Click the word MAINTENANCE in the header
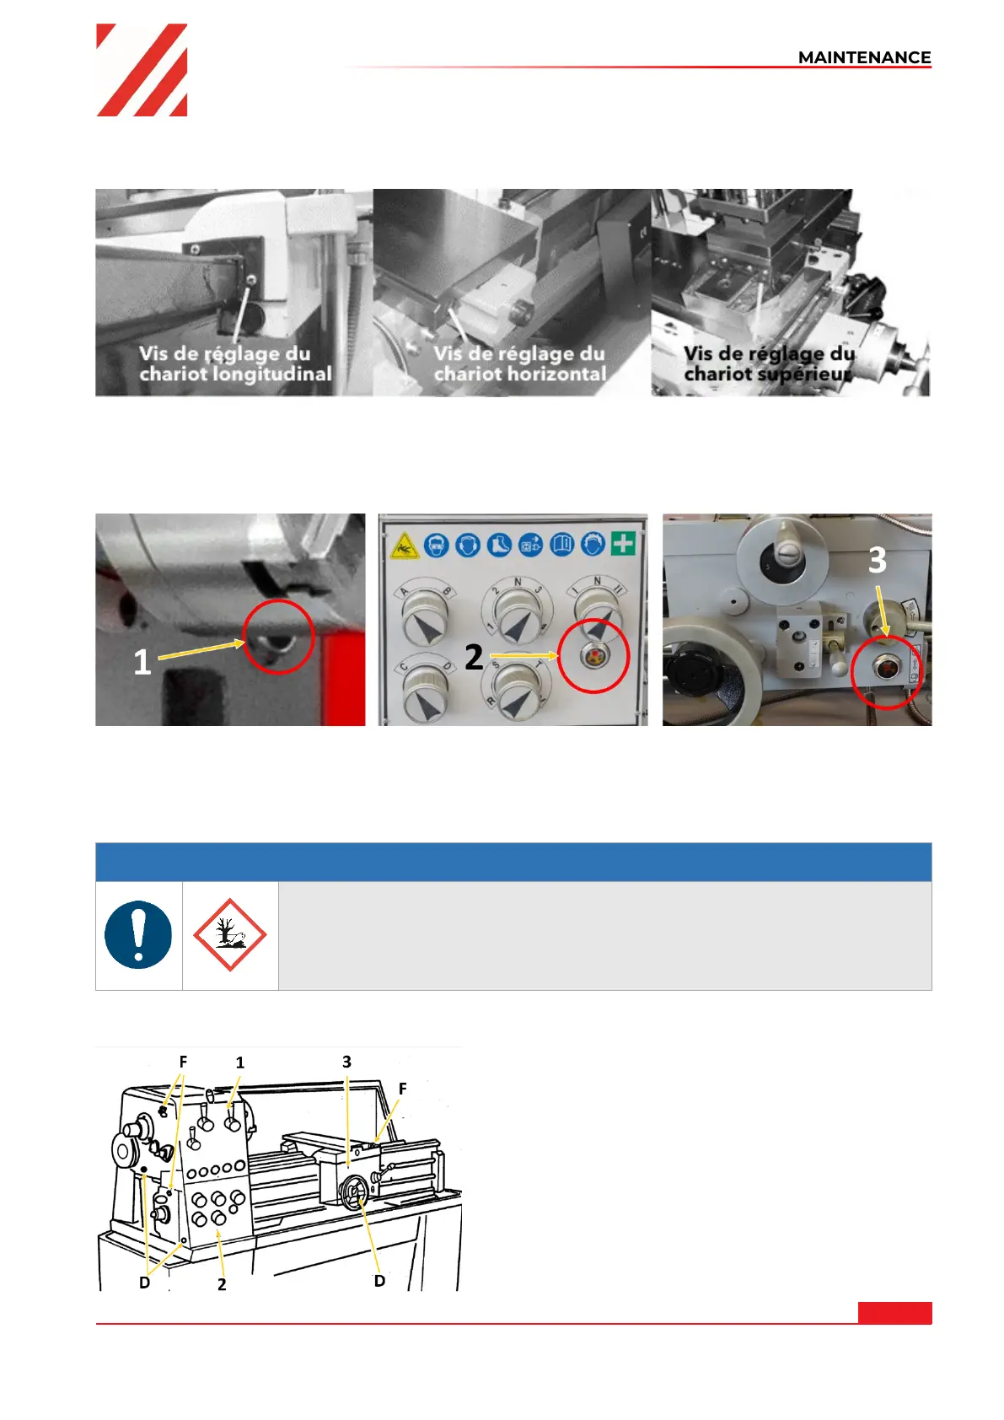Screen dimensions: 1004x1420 coord(864,57)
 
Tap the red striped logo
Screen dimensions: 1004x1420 coord(142,70)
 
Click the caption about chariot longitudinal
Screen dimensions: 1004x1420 coord(235,363)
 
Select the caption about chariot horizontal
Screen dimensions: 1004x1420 coord(520,363)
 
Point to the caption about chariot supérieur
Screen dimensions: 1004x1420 coord(769,363)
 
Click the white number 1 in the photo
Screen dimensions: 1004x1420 coord(142,663)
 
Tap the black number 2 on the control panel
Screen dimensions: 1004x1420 coord(474,658)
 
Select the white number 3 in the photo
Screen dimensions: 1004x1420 coord(878,561)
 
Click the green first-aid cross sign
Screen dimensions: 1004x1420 coord(623,543)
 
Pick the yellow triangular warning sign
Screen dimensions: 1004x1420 coord(404,546)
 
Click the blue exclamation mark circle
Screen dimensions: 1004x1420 coord(138,934)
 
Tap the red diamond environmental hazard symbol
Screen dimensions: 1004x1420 coord(230,934)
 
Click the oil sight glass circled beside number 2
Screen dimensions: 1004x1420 coord(593,656)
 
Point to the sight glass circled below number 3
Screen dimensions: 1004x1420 coord(885,669)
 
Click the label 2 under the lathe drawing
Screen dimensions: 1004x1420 coord(222,1283)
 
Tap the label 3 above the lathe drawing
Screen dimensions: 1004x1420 coord(346,1061)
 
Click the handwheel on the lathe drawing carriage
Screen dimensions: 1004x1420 coord(354,1193)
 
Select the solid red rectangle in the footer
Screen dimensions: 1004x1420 coord(895,1312)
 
